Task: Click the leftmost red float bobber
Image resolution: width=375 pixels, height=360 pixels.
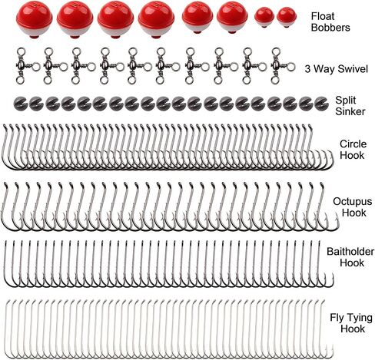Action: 35,19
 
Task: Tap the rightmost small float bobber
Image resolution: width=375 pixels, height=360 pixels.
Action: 287,17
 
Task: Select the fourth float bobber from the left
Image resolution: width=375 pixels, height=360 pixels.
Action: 156,19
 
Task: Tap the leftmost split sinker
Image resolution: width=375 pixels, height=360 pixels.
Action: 20,104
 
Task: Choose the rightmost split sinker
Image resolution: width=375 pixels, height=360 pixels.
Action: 321,104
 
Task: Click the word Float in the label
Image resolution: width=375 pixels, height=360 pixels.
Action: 323,16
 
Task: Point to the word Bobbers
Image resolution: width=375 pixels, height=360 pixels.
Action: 330,28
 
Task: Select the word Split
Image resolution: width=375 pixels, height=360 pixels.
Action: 346,101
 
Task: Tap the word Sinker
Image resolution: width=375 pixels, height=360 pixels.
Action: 350,111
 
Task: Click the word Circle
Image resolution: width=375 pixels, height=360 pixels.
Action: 353,144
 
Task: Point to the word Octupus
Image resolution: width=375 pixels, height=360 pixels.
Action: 353,202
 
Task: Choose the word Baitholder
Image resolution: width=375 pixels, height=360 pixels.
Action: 350,252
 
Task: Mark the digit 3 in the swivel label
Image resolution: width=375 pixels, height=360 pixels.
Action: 307,69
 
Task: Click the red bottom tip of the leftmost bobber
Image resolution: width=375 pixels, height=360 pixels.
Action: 34,37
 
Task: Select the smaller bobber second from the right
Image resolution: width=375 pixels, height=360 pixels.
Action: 264,17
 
